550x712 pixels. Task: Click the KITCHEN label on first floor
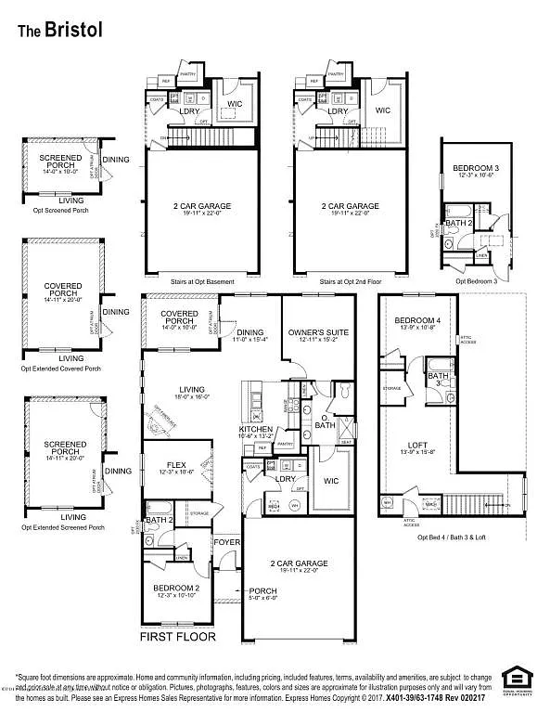click(256, 430)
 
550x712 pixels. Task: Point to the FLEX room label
click(177, 464)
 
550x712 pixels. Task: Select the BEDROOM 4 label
click(415, 320)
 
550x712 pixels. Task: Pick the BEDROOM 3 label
click(472, 168)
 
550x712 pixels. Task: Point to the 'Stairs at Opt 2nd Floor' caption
click(350, 281)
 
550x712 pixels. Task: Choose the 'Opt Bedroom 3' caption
click(477, 280)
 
